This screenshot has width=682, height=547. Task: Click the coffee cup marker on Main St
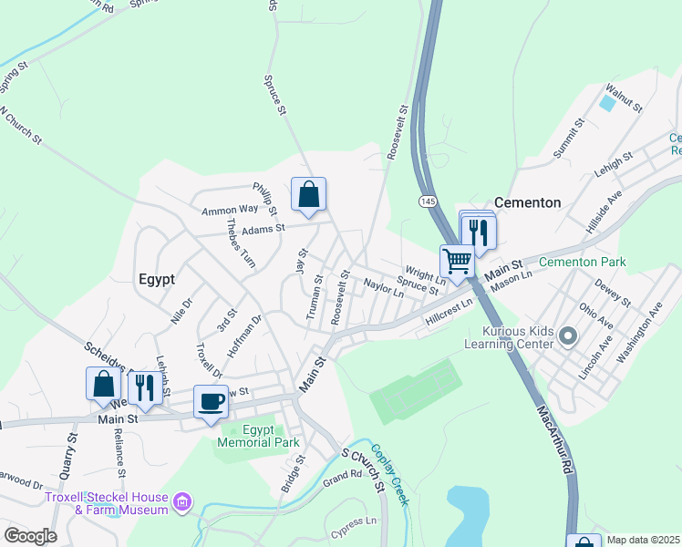(211, 402)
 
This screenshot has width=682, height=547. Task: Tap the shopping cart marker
(457, 261)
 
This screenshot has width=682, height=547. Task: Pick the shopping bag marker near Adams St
(308, 194)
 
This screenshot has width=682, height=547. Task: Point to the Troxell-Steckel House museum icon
(182, 502)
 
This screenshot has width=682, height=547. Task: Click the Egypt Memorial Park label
(258, 436)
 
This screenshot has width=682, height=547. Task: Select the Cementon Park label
(583, 262)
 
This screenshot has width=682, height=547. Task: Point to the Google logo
(30, 535)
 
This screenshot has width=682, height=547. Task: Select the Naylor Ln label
(383, 288)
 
